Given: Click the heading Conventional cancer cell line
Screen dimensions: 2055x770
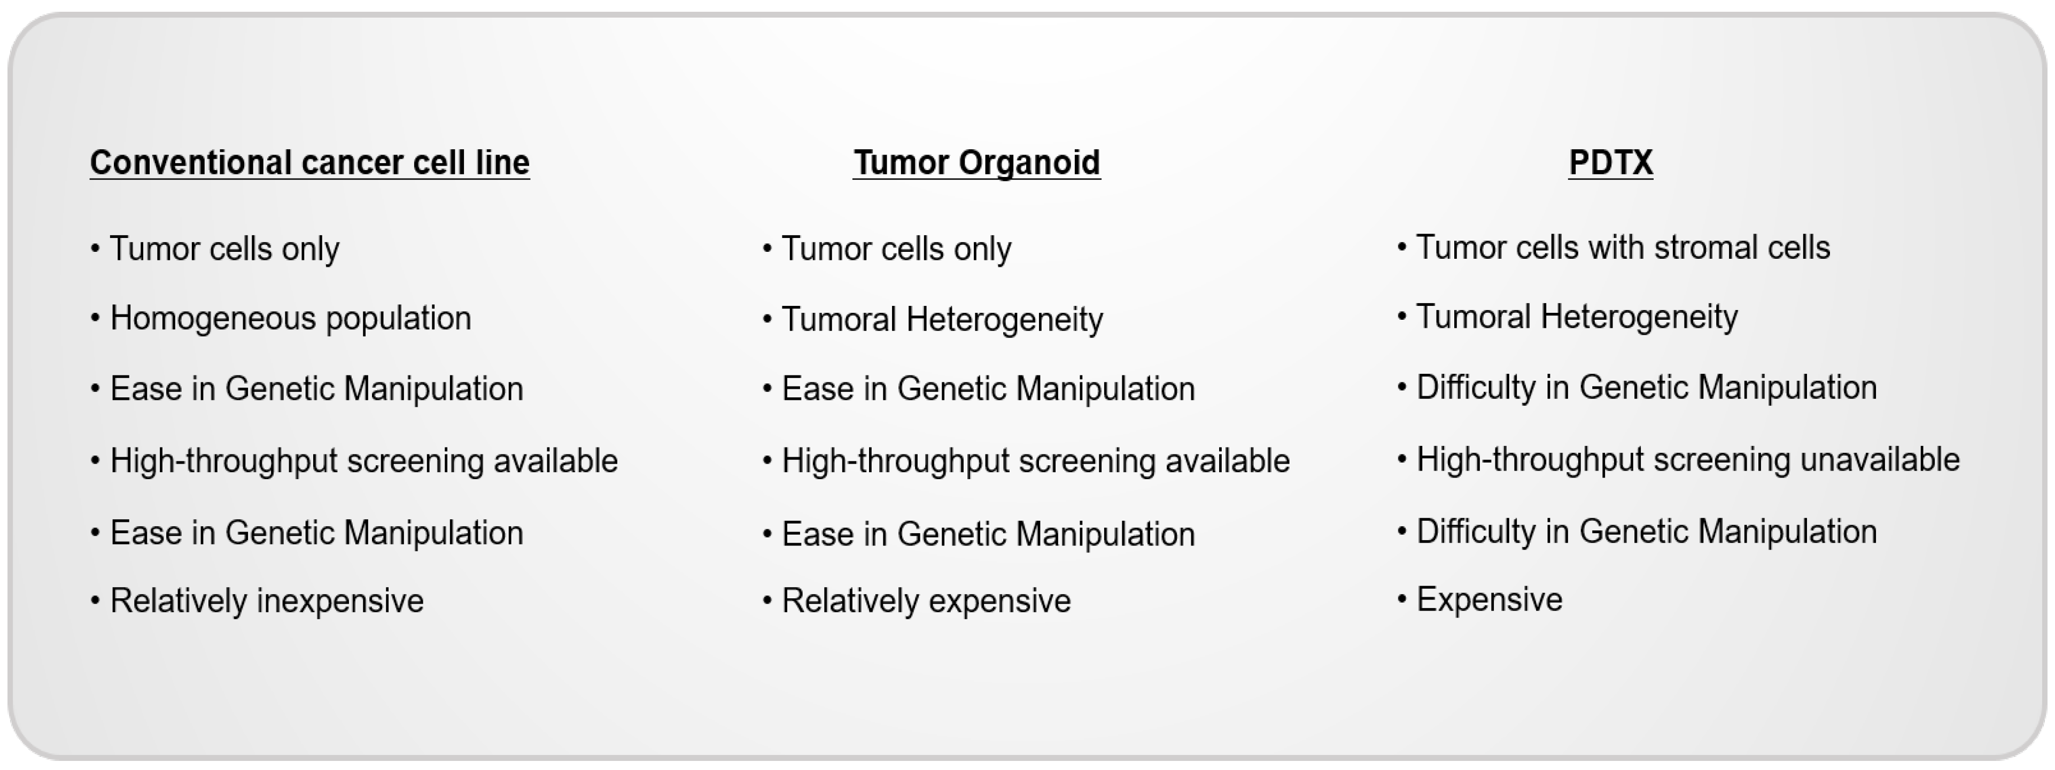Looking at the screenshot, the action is (x=309, y=163).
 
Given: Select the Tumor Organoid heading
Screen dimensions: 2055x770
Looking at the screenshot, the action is (x=976, y=163).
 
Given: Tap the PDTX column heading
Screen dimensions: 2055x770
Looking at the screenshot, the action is (x=1611, y=163).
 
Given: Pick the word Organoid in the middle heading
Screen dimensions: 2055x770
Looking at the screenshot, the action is (x=1029, y=163).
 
